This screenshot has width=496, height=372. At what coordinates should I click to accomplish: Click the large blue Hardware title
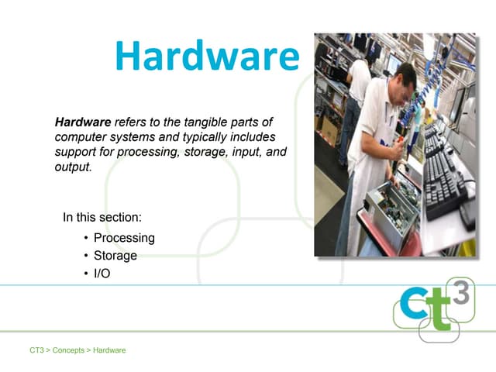(x=206, y=56)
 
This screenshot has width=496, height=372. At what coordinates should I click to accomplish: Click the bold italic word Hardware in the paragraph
(x=82, y=122)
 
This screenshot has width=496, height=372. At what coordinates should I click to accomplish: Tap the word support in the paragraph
(x=75, y=152)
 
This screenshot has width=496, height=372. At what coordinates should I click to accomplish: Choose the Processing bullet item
(x=124, y=238)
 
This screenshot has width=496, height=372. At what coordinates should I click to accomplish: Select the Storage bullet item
(x=115, y=256)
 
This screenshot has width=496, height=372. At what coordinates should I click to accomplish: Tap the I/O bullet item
(x=102, y=274)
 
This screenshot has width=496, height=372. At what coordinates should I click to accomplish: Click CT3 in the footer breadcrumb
(x=36, y=350)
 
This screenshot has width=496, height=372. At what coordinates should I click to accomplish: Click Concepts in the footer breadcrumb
(x=68, y=350)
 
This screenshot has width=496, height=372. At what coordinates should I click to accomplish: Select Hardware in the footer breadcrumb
(x=109, y=350)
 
